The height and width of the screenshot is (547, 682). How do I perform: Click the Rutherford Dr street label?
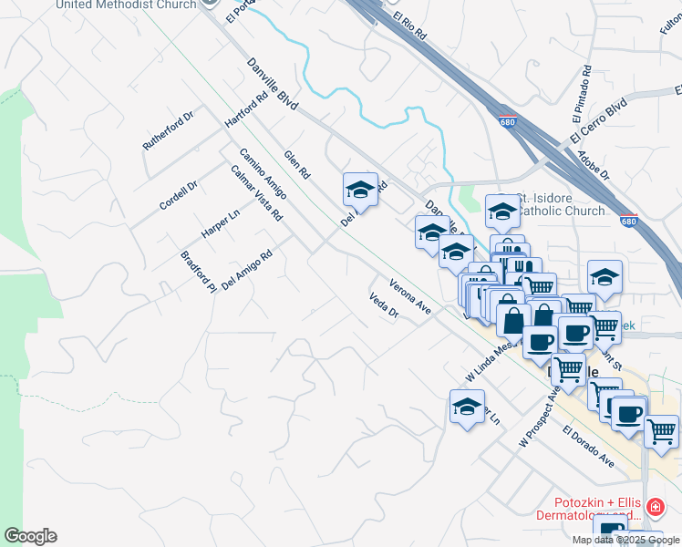click(169, 131)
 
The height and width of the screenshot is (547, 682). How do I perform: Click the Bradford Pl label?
click(197, 271)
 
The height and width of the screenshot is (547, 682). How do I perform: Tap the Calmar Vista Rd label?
click(256, 192)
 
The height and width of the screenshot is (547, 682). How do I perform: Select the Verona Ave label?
click(409, 296)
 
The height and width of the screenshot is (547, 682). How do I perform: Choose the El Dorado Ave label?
click(588, 446)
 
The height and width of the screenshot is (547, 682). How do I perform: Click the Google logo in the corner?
click(30, 536)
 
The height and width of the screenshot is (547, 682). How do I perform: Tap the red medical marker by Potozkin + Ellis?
click(654, 508)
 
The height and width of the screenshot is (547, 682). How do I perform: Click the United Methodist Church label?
click(126, 5)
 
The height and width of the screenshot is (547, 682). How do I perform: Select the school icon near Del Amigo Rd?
click(360, 191)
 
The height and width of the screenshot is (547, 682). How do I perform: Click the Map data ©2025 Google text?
click(625, 540)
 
